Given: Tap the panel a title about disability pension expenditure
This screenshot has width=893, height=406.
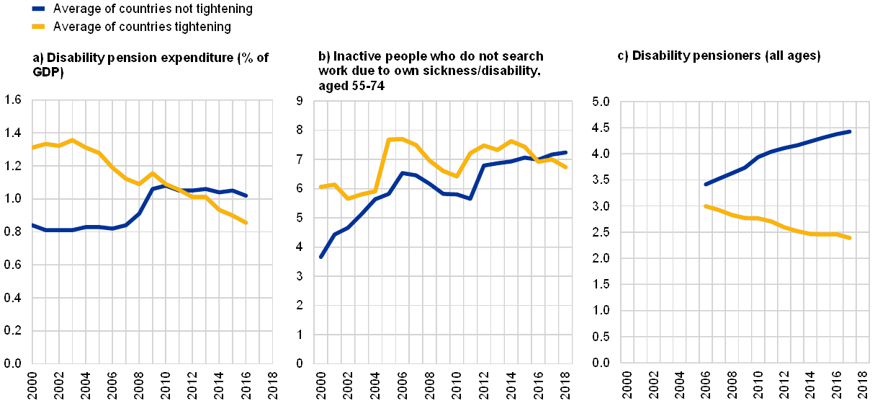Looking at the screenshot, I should (151, 64).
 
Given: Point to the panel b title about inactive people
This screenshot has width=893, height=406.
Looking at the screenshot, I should (431, 71).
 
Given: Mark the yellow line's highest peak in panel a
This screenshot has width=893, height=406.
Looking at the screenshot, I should (72, 140).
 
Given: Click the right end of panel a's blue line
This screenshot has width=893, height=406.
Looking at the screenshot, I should (246, 195).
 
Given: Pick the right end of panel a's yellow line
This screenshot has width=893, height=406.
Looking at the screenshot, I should (246, 223).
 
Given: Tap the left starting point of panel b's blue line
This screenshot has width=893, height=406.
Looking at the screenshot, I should (320, 257).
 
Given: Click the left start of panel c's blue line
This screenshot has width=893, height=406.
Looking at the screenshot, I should (705, 185).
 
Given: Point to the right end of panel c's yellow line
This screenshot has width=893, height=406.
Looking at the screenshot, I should (851, 238).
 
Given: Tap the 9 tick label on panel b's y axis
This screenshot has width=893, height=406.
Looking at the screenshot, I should (299, 101).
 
